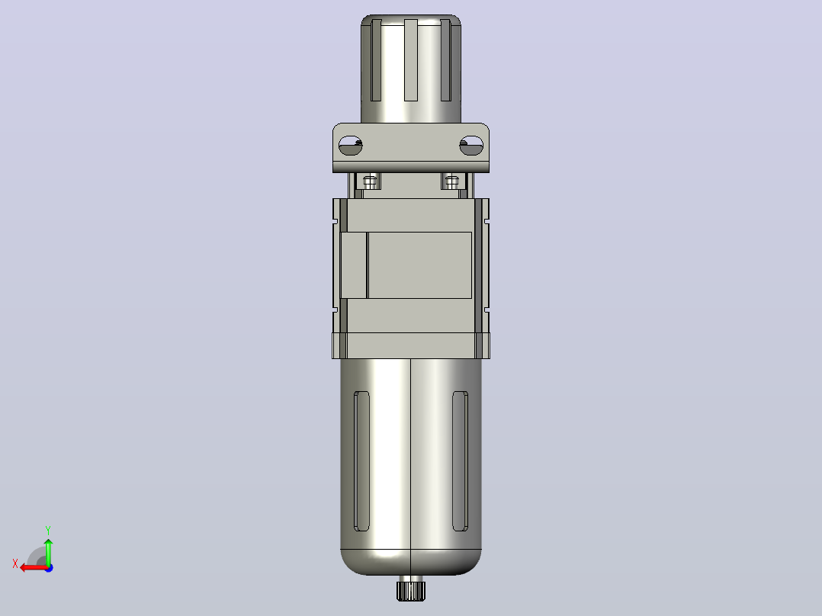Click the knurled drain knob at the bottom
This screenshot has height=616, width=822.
point(411,589)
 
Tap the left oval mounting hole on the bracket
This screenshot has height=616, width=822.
point(350,145)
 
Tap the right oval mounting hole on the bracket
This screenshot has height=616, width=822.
point(471,145)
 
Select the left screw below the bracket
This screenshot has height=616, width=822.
point(370,182)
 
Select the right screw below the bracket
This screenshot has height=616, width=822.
point(451,182)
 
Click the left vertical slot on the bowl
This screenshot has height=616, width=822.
point(361,460)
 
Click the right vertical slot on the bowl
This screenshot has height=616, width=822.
point(461,460)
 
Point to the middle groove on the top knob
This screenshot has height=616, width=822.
point(411,59)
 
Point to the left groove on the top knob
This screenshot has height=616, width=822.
point(376,59)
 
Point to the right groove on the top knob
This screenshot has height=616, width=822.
point(446,59)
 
